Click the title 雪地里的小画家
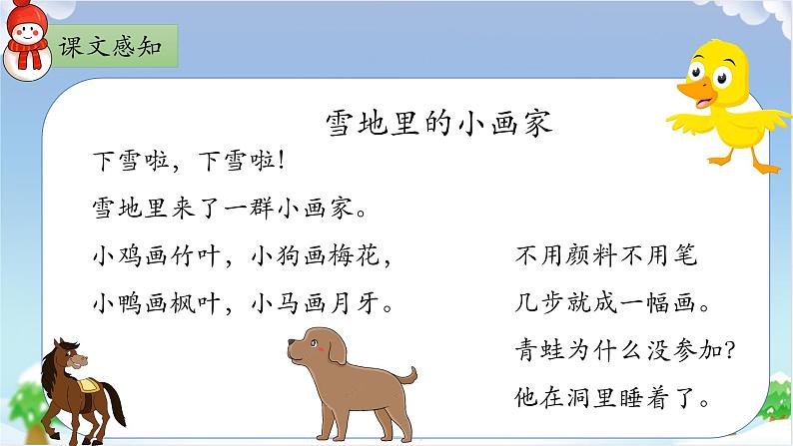point(439,123)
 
